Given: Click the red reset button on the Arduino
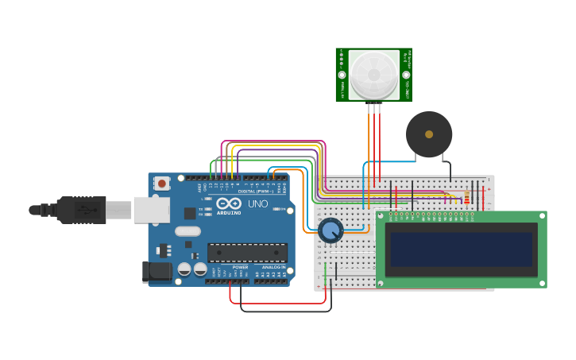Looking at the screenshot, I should click(x=162, y=184).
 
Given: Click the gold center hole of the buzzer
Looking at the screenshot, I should click(x=429, y=134).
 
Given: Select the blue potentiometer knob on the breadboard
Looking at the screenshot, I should click(x=331, y=231).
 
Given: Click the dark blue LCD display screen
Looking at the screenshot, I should click(x=461, y=249).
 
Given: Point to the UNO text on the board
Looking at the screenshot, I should click(x=258, y=204).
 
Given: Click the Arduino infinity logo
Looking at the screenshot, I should click(x=228, y=204).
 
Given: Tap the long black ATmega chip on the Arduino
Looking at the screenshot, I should click(x=247, y=253).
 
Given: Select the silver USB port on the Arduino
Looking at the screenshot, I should click(x=151, y=210).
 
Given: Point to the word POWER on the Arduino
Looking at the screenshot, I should click(x=240, y=267).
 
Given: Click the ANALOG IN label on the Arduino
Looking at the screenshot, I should click(x=271, y=267).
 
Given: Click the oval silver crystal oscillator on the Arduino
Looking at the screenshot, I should click(x=187, y=231).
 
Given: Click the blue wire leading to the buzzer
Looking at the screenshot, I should click(x=389, y=162).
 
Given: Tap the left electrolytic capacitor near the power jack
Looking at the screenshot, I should click(x=184, y=269).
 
